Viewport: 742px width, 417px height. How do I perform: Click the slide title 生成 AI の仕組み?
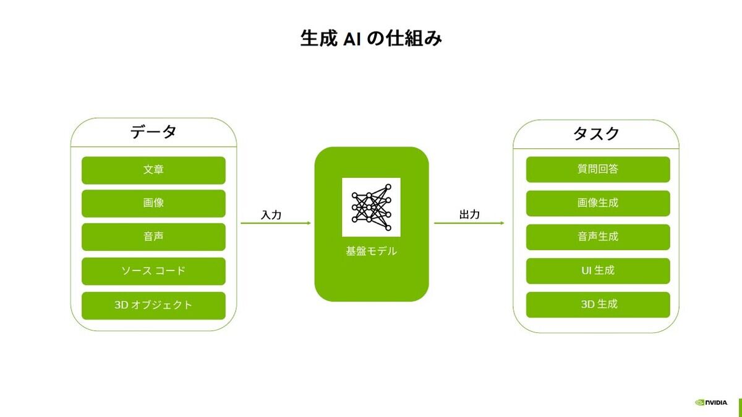[x=371, y=38]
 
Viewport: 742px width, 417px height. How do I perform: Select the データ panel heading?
[x=153, y=132]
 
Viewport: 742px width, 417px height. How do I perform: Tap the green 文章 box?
[x=153, y=170]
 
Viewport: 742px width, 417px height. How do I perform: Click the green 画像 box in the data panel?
[x=153, y=203]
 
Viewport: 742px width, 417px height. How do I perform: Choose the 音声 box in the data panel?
[x=153, y=237]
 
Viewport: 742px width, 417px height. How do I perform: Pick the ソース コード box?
[x=153, y=271]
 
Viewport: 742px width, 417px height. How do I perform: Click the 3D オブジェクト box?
[x=153, y=305]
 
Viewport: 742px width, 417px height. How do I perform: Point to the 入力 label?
[x=271, y=215]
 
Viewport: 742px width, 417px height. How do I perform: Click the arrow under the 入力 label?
[x=276, y=223]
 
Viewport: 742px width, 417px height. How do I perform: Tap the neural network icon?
[x=371, y=207]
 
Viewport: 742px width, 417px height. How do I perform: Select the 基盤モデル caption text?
[x=372, y=251]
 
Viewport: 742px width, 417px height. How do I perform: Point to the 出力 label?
[x=469, y=214]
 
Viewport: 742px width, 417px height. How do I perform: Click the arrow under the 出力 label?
[x=469, y=223]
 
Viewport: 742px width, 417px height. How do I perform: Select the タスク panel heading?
[x=596, y=133]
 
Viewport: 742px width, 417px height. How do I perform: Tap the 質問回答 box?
[x=598, y=169]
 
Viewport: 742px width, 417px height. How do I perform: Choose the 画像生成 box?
[x=598, y=203]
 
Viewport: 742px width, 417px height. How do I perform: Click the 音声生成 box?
[x=598, y=237]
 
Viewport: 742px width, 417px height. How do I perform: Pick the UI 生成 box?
[x=598, y=271]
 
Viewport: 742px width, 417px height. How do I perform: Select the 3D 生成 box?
[x=598, y=305]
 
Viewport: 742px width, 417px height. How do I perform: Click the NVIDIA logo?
[x=711, y=402]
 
